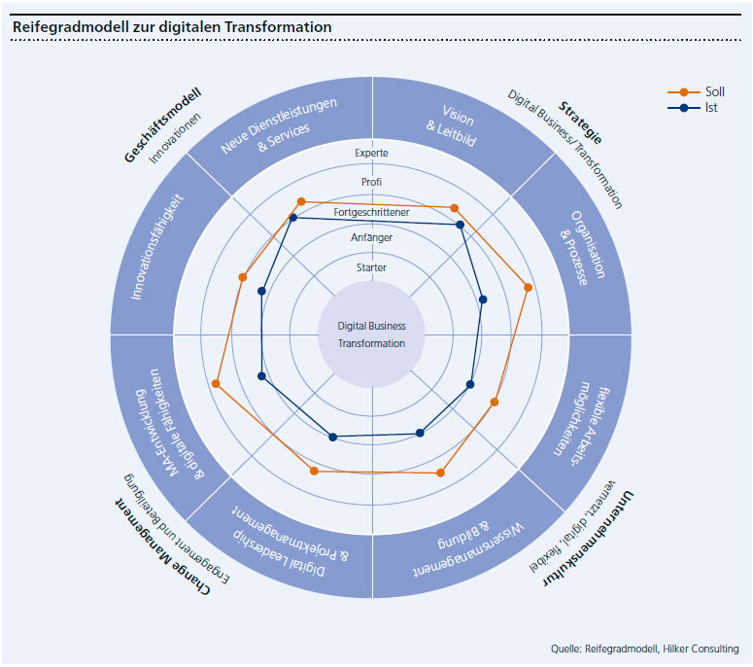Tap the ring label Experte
[372, 154]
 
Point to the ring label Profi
[372, 182]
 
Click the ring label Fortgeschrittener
[372, 211]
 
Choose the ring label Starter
[372, 267]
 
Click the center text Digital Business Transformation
[372, 334]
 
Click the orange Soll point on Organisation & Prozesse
[529, 287]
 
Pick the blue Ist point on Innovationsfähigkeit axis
[261, 290]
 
